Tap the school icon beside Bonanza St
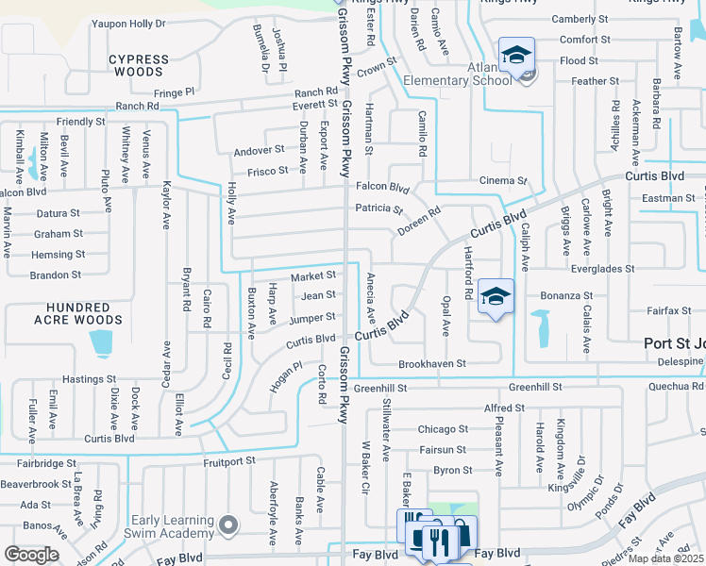pos(496,296)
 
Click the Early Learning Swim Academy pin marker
pos(227,524)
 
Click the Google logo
pos(31,555)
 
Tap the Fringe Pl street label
pos(174,92)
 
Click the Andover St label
pos(259,150)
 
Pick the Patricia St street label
pos(378,208)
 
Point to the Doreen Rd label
pos(419,223)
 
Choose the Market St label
pos(312,276)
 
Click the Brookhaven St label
pos(432,363)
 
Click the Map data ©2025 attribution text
pos(666,558)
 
